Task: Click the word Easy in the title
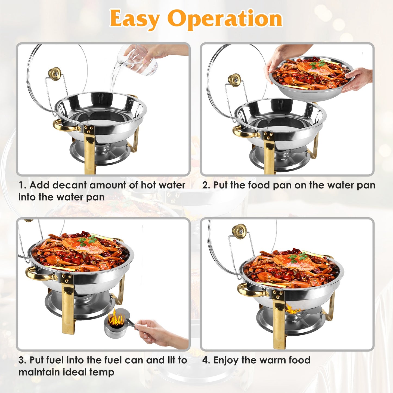tap(134, 19)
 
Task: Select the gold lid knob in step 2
tap(234, 80)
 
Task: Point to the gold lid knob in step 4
tap(239, 231)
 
